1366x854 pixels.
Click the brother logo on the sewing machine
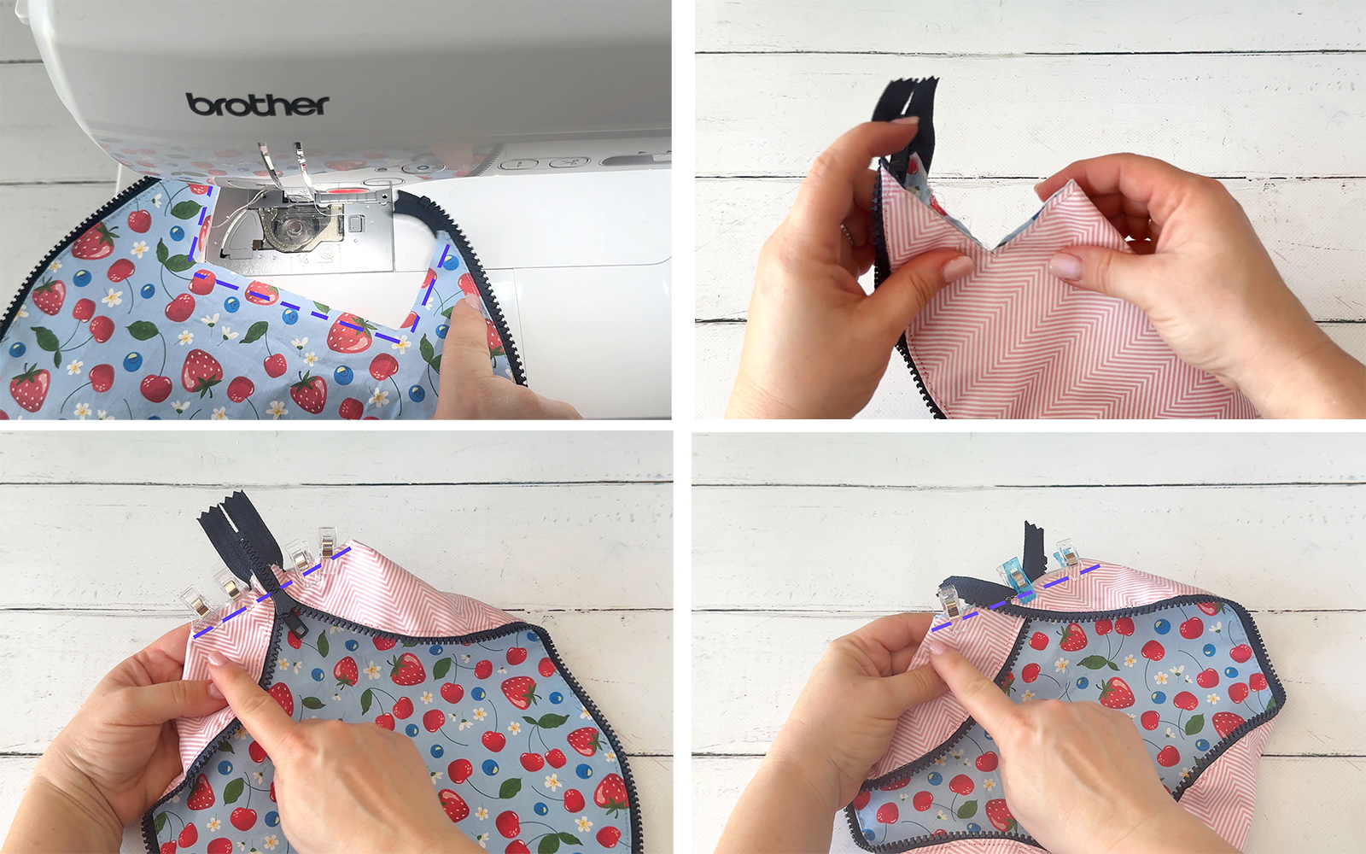pyautogui.click(x=257, y=105)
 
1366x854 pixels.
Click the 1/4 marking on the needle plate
pyautogui.click(x=303, y=261)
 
